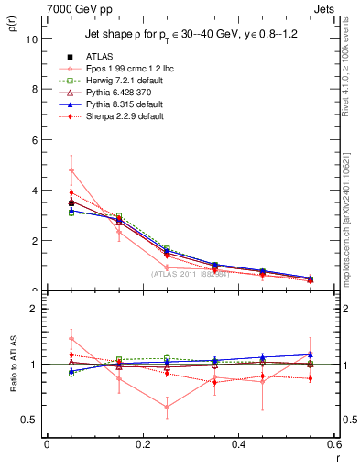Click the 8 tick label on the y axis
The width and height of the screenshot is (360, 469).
coord(32,90)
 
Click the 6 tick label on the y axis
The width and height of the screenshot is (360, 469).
coord(32,140)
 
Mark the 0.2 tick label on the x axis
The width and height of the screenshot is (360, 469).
coord(142,443)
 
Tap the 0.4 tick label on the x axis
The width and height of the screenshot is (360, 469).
coord(238,443)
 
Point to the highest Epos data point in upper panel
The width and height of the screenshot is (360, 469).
coord(71,170)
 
